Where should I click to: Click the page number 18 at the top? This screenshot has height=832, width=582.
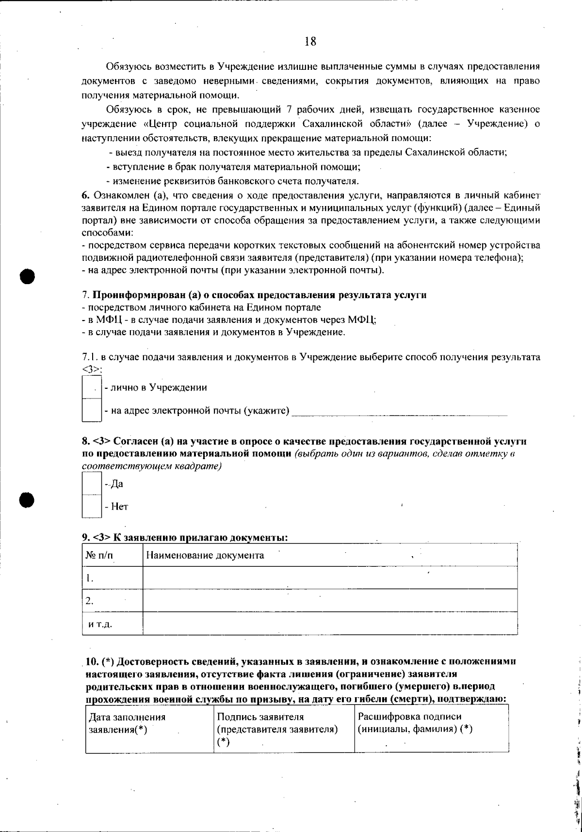310,42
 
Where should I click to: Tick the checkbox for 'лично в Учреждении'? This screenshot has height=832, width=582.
91,387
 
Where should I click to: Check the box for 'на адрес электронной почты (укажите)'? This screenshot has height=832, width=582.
91,410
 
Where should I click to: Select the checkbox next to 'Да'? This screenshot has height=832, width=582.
91,483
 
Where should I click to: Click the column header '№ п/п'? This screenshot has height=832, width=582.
99,555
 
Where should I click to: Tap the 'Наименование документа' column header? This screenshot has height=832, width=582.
205,555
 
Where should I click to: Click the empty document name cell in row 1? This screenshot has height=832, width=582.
330,577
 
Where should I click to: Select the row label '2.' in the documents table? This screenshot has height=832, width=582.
89,601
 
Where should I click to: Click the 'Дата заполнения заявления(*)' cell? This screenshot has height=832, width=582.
126,722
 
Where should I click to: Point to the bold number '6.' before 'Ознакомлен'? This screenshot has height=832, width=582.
85,195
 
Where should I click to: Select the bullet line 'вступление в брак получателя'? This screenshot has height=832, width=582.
233,167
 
